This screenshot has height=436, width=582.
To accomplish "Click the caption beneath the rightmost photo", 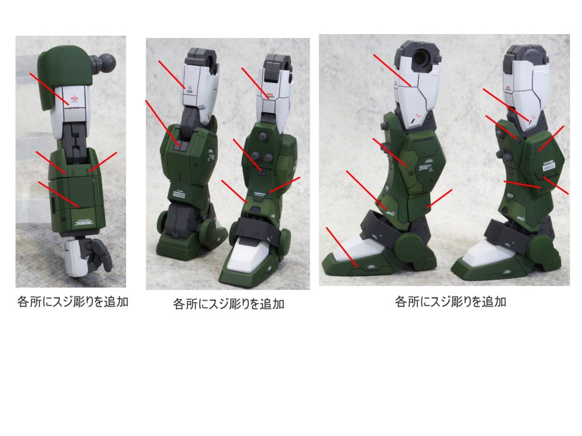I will tap(450, 301).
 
